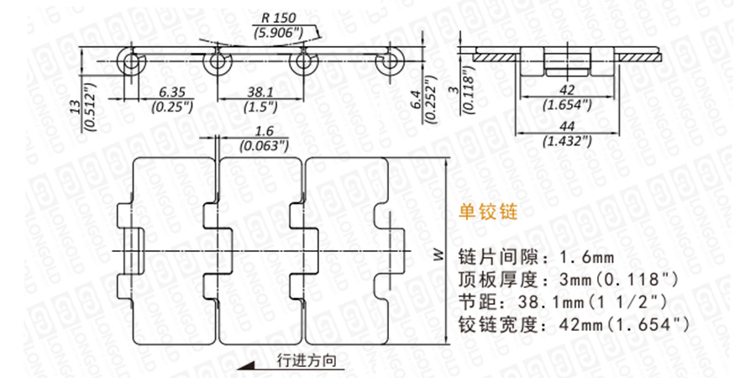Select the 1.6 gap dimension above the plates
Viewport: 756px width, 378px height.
coord(262,132)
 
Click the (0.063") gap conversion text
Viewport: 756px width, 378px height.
coord(262,147)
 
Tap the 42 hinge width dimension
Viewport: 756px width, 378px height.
coord(567,91)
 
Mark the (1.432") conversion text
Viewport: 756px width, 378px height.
coord(567,141)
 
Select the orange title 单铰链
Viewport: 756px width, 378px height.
coord(491,213)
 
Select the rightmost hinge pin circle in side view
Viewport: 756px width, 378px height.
coord(389,62)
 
